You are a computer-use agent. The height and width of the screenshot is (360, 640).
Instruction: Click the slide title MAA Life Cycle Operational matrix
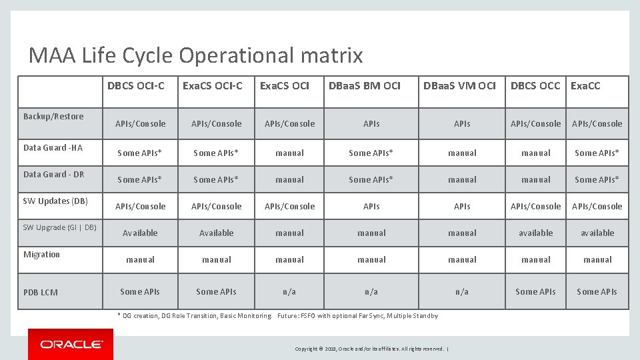(195, 55)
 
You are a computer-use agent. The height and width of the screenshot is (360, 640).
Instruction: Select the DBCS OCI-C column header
(136, 85)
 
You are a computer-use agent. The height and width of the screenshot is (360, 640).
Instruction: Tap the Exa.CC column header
(585, 85)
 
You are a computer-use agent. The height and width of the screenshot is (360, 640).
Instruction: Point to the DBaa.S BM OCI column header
(365, 85)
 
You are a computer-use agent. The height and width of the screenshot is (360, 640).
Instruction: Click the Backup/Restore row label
(53, 117)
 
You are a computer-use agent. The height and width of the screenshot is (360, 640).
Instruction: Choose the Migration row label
(41, 255)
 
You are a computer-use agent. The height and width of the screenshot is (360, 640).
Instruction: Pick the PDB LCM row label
(40, 292)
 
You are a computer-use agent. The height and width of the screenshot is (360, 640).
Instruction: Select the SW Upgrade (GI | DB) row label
(60, 228)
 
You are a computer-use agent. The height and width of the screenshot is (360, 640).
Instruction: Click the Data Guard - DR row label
(54, 175)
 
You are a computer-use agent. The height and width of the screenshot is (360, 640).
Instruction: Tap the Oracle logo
(71, 345)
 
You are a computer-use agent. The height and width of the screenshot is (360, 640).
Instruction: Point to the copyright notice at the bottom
(372, 349)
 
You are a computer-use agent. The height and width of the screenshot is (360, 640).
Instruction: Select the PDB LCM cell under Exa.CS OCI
(289, 292)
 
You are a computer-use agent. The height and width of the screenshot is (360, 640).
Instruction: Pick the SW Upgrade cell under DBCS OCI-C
(140, 233)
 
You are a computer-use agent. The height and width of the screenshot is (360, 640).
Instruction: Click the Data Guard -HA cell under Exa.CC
(597, 153)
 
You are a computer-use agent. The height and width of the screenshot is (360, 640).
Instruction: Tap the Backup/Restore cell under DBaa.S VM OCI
(462, 124)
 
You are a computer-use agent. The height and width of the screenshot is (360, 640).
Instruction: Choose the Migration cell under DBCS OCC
(536, 260)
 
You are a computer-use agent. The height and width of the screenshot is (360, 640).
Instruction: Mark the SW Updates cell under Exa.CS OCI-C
(217, 207)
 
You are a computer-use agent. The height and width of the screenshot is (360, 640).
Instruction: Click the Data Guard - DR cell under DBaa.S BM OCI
(371, 180)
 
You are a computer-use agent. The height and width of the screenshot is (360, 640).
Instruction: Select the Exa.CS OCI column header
(285, 85)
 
